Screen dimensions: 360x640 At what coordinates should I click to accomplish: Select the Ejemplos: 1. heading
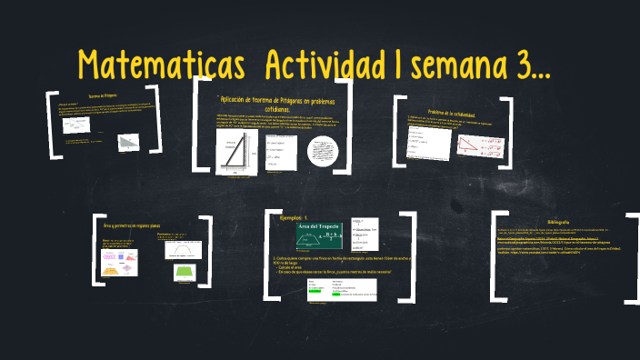(296, 218)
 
